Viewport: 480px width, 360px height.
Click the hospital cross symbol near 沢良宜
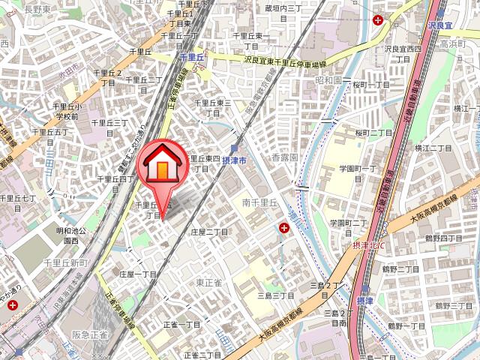coord(379,19)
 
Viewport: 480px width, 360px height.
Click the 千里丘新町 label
coord(66,262)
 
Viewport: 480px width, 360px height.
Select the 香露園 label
coord(284,158)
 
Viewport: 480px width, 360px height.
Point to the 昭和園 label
coord(328,79)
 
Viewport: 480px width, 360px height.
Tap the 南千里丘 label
coord(260,202)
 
